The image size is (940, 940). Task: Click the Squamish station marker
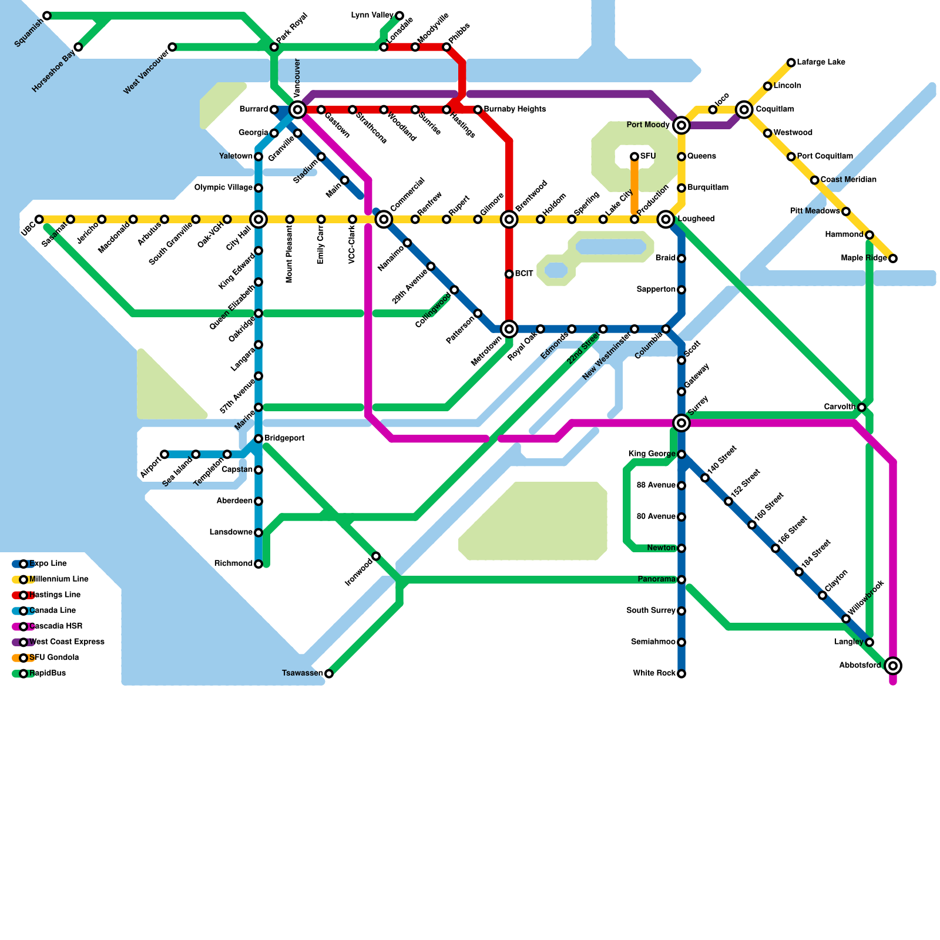tap(47, 16)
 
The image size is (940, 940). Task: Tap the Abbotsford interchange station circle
tap(893, 666)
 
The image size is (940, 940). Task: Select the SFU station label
tap(648, 156)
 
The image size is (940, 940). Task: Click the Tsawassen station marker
tap(329, 674)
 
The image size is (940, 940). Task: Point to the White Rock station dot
tap(681, 674)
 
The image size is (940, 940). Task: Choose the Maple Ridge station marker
tap(893, 258)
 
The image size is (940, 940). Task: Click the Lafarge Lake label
tap(821, 62)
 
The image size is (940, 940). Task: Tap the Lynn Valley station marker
tap(399, 16)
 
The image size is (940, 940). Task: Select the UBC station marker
tap(39, 220)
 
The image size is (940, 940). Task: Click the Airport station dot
tap(164, 454)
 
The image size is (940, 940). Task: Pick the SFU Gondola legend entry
tap(53, 658)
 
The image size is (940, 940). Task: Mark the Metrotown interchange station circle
tap(509, 329)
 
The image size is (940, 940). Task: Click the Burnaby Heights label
tap(515, 109)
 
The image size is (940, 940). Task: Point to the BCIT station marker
tap(509, 274)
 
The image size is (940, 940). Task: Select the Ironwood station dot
tap(376, 556)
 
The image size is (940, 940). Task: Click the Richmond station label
tap(233, 564)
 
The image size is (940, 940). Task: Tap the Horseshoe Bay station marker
tap(78, 47)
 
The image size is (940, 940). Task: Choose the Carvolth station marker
tap(861, 407)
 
